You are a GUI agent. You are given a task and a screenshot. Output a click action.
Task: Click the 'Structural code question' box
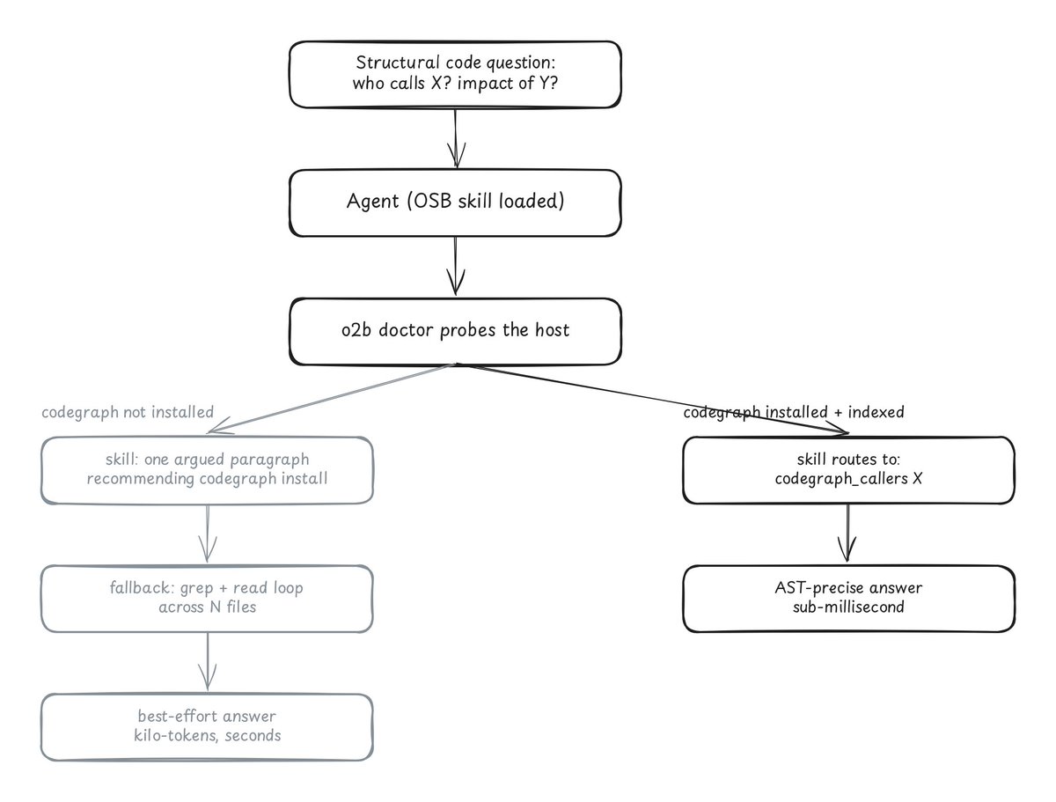455,74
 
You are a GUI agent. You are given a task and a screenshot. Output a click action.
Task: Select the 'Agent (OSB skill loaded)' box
455,202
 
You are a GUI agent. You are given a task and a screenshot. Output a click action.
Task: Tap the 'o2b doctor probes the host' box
455,331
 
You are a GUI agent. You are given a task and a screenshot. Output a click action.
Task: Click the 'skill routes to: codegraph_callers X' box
848,470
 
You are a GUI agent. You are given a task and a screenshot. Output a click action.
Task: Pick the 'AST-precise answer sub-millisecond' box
848,599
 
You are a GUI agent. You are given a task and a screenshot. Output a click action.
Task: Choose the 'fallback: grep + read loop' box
207,599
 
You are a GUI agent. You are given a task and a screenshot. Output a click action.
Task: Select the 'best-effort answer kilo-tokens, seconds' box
207,727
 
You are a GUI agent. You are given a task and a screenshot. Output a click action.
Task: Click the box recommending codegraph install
207,470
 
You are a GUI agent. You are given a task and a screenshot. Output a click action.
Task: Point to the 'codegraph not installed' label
128,412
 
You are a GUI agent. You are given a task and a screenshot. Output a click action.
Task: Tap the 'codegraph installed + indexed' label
794,412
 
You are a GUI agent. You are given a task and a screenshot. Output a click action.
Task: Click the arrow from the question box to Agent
456,138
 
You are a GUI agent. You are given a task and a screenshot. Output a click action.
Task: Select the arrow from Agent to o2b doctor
456,266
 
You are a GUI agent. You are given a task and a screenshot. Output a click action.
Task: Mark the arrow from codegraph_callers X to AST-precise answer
847,533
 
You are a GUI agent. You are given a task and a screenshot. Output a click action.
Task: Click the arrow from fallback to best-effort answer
208,662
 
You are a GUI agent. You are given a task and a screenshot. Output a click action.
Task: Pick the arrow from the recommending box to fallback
208,533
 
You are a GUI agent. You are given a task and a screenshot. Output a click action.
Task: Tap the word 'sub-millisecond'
848,607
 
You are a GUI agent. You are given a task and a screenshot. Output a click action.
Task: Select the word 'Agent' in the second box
372,201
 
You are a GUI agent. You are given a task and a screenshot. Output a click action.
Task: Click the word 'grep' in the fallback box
197,589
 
